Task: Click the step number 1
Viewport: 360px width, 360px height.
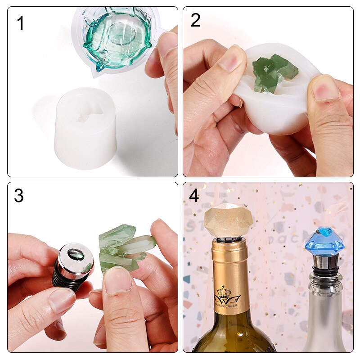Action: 20,23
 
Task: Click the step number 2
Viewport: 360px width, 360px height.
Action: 195,21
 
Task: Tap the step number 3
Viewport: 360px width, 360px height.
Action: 18,196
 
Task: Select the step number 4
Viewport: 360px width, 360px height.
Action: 194,196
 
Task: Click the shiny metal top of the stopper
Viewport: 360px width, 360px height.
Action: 76,259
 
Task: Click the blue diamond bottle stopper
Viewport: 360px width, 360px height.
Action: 324,241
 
